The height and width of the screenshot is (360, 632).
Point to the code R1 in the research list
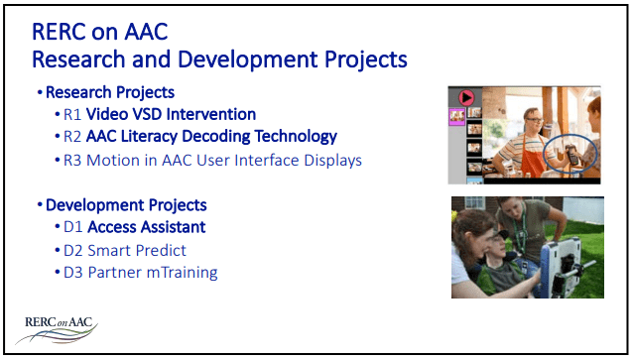click(72, 115)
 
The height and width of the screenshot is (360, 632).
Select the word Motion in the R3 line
click(113, 160)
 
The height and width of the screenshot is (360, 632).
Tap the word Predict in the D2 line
click(162, 250)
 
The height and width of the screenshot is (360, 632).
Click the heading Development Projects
click(127, 205)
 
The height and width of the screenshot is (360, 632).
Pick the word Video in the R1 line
click(111, 115)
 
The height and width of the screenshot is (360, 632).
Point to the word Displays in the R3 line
click(332, 160)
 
